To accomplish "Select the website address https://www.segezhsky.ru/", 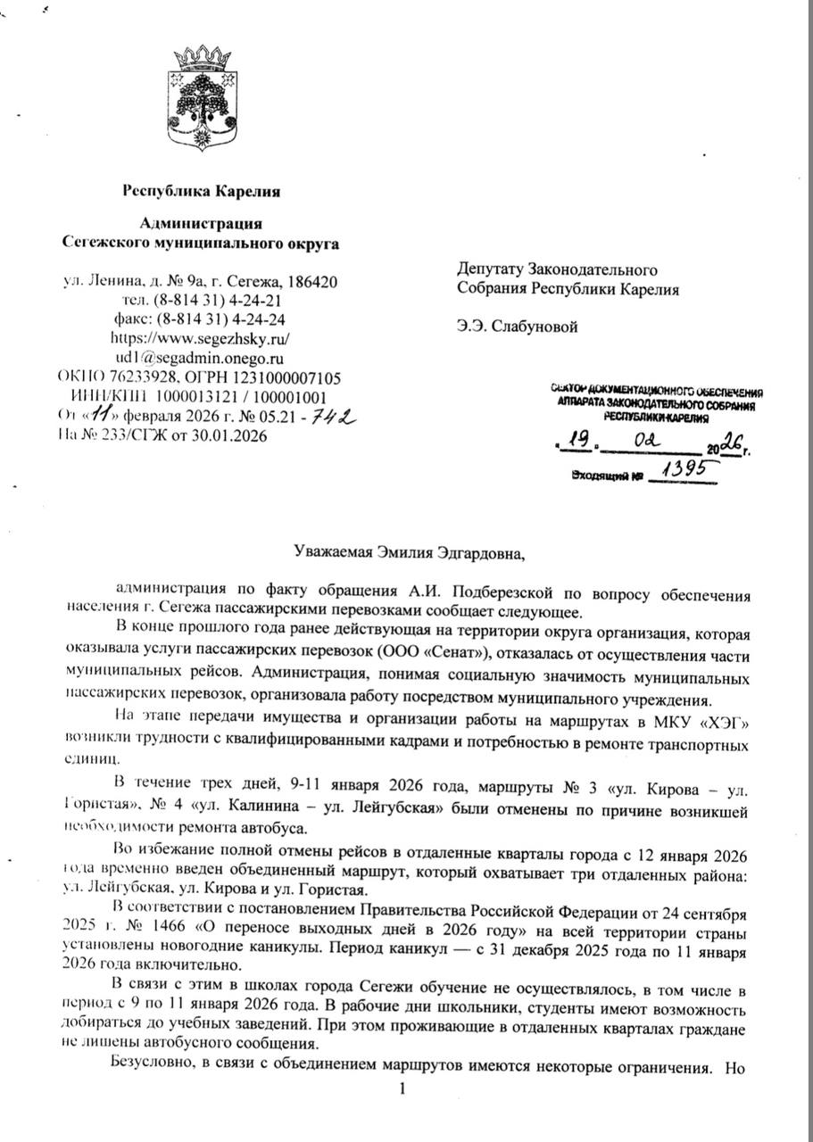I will pos(200,339).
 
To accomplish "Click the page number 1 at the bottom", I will pos(402,1088).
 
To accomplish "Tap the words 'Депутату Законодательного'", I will pos(558,269).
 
